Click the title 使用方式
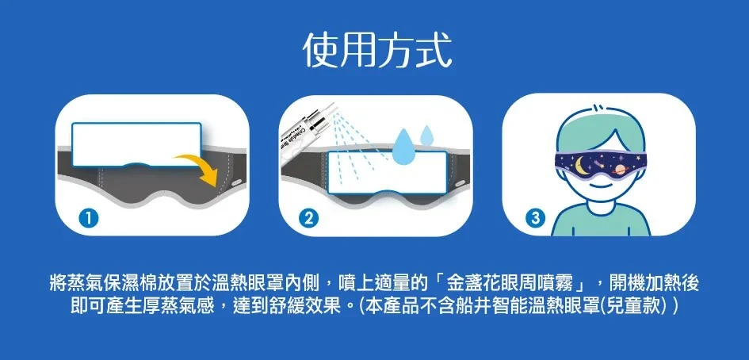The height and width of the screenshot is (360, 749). point(377,50)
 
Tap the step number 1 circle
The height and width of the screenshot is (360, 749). point(90,219)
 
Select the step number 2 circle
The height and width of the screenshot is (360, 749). point(308,219)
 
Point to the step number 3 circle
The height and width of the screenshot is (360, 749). point(535,219)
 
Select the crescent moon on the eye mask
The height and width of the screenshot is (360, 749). point(581,166)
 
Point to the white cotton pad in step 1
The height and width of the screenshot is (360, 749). point(136,144)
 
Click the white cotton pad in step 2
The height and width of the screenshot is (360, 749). point(388,172)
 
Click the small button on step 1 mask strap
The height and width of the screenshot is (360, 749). point(237,182)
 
